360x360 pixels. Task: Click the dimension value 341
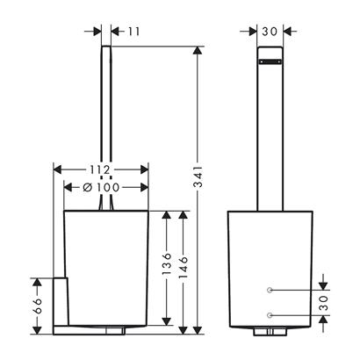tap(198, 176)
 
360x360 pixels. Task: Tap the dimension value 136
tap(167, 263)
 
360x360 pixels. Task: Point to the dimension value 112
tap(100, 169)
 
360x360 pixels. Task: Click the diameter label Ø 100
tap(101, 187)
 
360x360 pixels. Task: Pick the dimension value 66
tap(37, 306)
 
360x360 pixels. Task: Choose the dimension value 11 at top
tap(133, 32)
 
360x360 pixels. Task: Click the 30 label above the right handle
tap(270, 32)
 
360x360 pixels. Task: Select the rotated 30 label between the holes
tap(323, 303)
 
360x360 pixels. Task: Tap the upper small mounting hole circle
tap(270, 290)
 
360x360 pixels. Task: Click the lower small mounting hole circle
tap(270, 315)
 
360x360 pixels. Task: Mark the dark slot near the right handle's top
tap(270, 61)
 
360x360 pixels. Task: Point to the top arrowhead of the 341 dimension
tap(198, 50)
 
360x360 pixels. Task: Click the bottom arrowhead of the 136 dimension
tap(167, 321)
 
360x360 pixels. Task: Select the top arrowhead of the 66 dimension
tap(37, 282)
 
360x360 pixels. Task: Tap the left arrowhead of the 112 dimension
tap(57, 169)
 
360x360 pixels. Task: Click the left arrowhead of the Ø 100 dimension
tap(68, 187)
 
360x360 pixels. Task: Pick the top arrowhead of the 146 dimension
tap(184, 215)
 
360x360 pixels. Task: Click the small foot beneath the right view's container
tap(270, 331)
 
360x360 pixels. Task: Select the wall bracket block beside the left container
tap(61, 301)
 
